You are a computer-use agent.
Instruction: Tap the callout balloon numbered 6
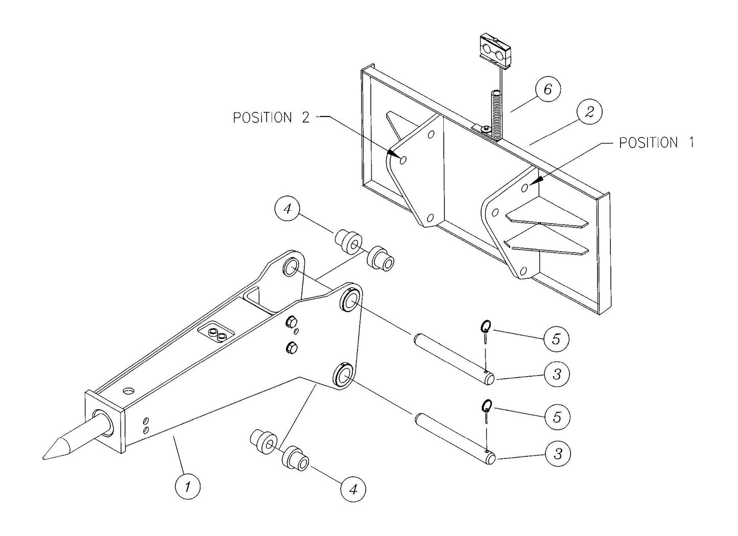tap(547, 90)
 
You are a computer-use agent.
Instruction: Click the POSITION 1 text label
tap(656, 142)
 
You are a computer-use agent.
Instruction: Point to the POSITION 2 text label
tap(271, 117)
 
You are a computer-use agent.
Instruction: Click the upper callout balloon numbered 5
tap(557, 338)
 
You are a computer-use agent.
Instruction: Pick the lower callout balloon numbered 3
tap(558, 453)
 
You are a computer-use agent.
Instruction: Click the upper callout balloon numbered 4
tap(288, 210)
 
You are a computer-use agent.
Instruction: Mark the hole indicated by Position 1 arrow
tap(525, 188)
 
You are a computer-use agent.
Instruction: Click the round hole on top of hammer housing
tap(129, 391)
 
